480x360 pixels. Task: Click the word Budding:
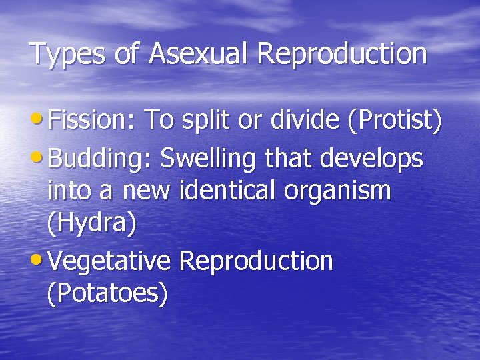101,160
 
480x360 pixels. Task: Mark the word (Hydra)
92,223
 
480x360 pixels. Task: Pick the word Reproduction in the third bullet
256,261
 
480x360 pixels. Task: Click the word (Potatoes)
107,293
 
